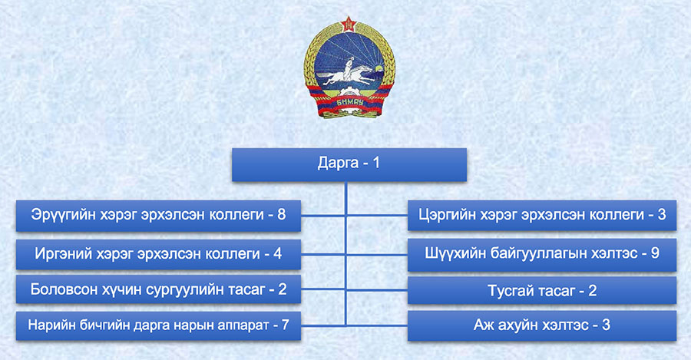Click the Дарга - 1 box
pos(349,165)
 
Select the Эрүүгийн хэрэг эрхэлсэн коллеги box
pos(158,216)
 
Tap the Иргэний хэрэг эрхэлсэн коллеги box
pos(158,254)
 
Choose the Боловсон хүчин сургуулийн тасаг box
pos(158,289)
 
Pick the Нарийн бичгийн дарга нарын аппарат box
pos(158,325)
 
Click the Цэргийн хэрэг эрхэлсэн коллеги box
pos(541,215)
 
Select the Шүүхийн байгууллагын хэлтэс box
pos(541,255)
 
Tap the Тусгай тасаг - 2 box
pos(541,290)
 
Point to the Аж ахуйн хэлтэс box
pos(541,325)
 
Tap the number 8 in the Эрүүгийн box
pos(281,215)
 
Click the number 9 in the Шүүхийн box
pos(655,253)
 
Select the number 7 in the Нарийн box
pos(285,325)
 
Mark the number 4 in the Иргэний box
pos(277,254)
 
